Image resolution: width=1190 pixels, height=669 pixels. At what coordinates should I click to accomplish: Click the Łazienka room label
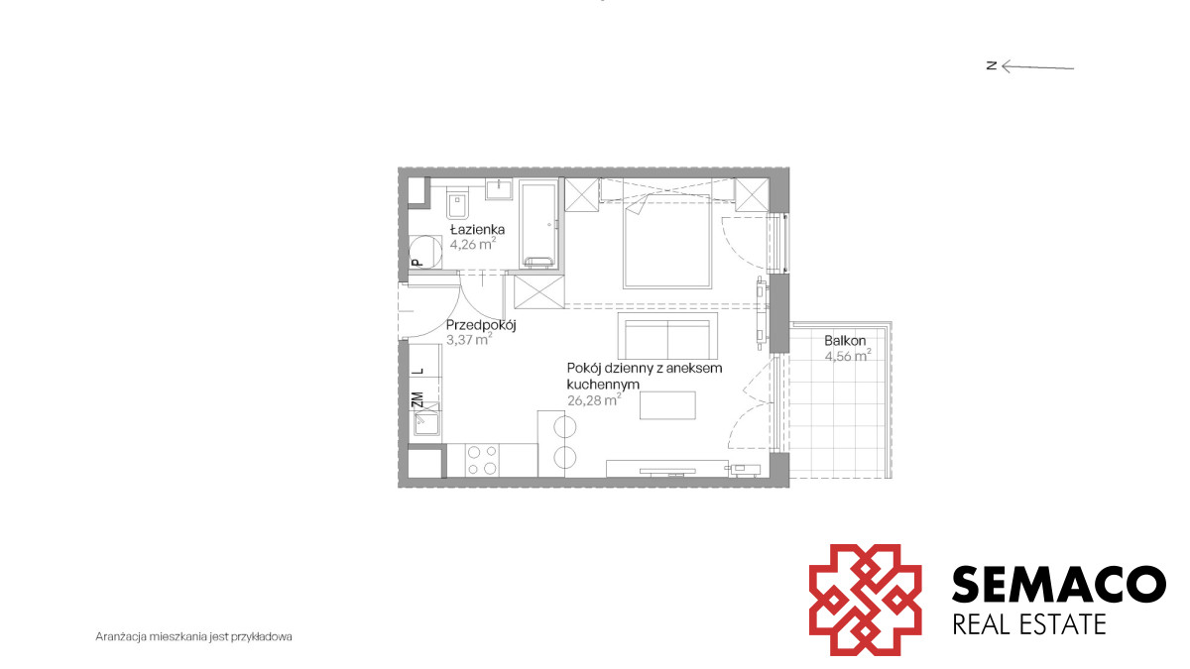click(x=477, y=229)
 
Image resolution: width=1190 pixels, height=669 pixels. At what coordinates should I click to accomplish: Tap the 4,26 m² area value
click(x=473, y=244)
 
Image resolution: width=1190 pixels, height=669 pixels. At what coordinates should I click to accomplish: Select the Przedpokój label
click(x=481, y=325)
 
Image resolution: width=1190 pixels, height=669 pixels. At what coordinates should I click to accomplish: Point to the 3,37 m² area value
click(x=468, y=339)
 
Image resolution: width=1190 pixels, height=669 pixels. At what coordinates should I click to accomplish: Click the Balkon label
click(x=845, y=340)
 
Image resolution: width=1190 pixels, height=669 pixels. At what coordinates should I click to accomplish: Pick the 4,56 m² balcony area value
click(x=847, y=355)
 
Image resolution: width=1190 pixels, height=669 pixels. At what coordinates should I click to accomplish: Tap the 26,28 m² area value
click(x=594, y=399)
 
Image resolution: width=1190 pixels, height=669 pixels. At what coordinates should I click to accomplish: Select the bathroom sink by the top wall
click(x=498, y=189)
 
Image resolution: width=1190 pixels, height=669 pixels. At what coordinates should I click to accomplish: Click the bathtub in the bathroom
click(x=538, y=224)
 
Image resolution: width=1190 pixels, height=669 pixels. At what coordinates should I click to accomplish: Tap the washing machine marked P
click(x=425, y=252)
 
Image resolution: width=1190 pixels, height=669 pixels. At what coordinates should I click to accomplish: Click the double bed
click(x=666, y=242)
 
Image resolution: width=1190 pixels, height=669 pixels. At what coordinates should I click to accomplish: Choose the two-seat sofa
click(x=667, y=336)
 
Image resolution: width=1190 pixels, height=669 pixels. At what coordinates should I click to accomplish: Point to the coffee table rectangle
click(x=667, y=405)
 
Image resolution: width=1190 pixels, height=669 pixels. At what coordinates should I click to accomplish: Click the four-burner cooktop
click(x=481, y=460)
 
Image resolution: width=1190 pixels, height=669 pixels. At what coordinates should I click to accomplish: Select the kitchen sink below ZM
click(x=427, y=424)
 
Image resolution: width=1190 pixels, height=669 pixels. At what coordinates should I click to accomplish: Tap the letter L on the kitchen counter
click(x=419, y=371)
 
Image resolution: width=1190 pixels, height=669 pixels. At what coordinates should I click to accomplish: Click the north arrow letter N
click(x=991, y=65)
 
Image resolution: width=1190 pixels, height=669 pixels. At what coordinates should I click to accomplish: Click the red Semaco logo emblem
click(x=866, y=600)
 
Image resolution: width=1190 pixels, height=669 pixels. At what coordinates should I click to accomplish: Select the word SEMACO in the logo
click(x=1059, y=584)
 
